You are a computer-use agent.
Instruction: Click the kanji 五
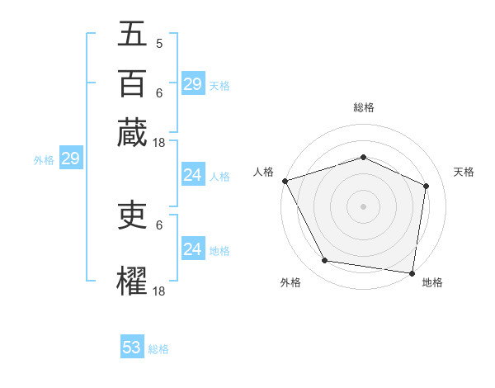pos(132,34)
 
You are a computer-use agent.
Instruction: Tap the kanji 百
pos(132,83)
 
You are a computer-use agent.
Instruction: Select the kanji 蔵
pos(132,132)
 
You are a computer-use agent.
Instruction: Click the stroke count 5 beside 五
pos(159,43)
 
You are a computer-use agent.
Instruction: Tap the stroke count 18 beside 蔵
pos(159,142)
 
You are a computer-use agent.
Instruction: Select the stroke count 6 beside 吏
pos(159,224)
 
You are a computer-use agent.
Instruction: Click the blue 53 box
pos(132,348)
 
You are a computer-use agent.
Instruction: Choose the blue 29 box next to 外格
pos(70,159)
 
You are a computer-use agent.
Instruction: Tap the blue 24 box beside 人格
pos(192,175)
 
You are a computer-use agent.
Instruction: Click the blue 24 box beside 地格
pos(192,249)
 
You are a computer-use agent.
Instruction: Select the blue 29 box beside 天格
pos(192,84)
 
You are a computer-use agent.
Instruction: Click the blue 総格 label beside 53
pos(158,349)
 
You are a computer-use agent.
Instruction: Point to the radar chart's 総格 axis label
pos(363,107)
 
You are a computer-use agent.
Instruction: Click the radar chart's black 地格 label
pos(432,282)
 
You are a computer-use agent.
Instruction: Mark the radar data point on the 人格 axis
pos(285,181)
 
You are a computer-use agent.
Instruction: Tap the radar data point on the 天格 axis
pos(427,186)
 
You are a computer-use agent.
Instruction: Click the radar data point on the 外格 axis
pos(325,261)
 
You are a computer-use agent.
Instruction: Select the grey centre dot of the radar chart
pos(363,206)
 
